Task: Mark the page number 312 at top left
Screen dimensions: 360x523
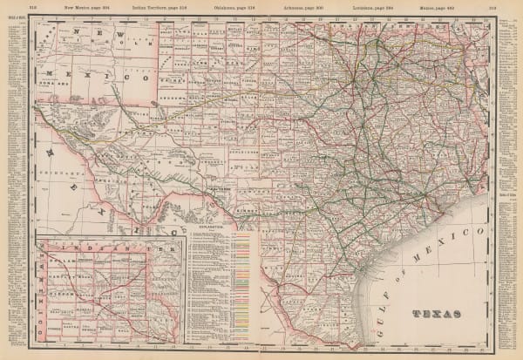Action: point(32,7)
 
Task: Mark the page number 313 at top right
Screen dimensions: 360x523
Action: point(492,7)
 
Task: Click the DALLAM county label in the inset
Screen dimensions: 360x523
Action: point(63,261)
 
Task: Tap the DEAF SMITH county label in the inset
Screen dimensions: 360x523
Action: point(64,311)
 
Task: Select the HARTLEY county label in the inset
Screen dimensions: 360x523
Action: point(64,276)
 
